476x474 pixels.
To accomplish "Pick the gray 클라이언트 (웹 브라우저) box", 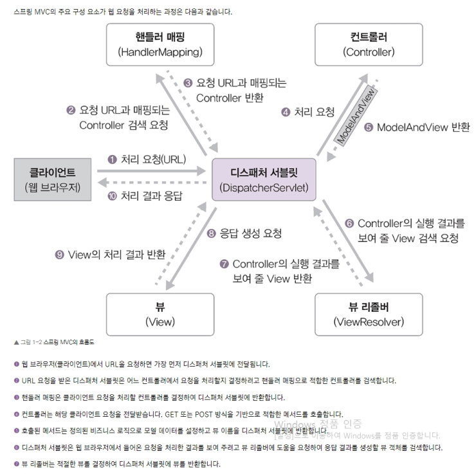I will pos(52,179).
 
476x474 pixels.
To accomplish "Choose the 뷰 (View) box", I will pos(160,313).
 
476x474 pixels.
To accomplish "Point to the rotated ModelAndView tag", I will pos(355,116).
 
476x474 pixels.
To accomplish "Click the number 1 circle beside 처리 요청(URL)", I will pos(111,160).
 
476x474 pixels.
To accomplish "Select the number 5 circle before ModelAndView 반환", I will pos(369,127).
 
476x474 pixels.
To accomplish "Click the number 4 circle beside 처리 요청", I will pos(285,112).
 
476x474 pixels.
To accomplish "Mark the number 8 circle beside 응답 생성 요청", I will pos(210,233).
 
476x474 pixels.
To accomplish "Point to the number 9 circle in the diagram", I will pos(59,255).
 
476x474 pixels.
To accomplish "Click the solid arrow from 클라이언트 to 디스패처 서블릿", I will pos(154,172).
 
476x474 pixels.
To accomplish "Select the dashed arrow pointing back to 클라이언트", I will pos(154,183).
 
